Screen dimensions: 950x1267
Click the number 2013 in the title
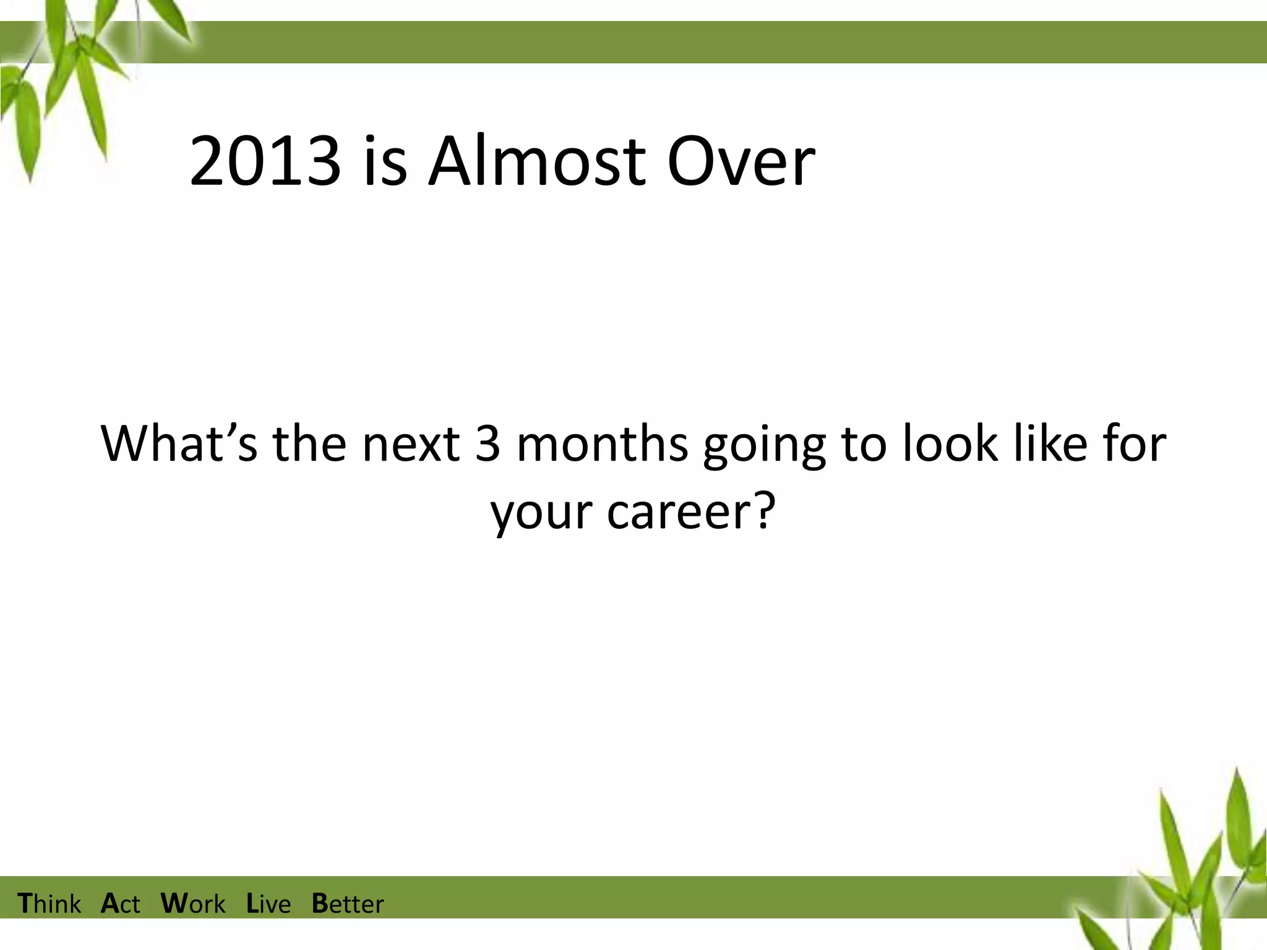coord(265,162)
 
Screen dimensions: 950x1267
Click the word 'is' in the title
coord(385,162)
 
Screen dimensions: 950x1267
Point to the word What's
coord(179,443)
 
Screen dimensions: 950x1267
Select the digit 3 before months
coord(487,443)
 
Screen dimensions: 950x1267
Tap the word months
coord(602,443)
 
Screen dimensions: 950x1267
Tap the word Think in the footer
coord(49,904)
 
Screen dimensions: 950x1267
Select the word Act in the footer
coord(121,904)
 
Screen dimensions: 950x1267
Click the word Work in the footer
coord(193,904)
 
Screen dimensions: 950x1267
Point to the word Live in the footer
coord(268,904)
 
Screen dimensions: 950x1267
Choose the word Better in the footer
coord(348,904)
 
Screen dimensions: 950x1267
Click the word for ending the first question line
coord(1135,443)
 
